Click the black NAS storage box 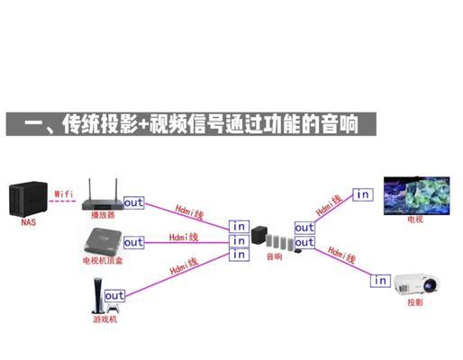(28, 199)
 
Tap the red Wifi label (64, 193)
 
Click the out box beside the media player (134, 202)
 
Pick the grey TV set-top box (103, 241)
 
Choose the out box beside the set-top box (134, 242)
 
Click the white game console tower (98, 295)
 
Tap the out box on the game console (114, 296)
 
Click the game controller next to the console (113, 309)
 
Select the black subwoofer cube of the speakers (259, 235)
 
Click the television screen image (416, 195)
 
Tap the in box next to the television (363, 194)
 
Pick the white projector (416, 283)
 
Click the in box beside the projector (380, 281)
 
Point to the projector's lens (431, 285)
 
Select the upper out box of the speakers (304, 228)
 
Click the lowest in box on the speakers (239, 255)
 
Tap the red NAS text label (29, 222)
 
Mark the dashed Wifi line (62, 201)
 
